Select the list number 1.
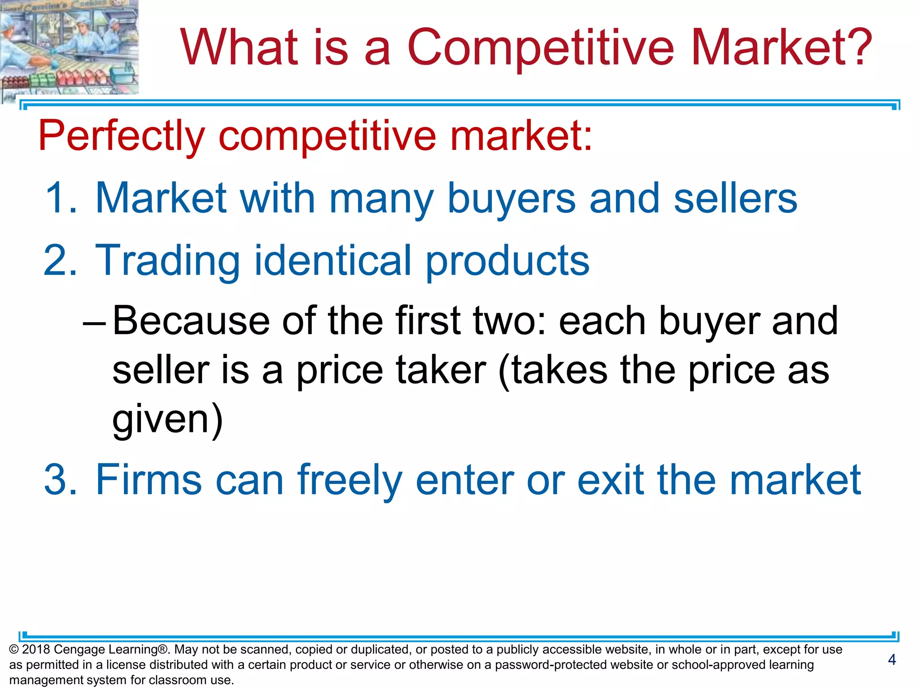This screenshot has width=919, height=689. pyautogui.click(x=61, y=198)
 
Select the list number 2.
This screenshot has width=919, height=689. pyautogui.click(x=61, y=261)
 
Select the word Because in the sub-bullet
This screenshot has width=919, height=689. pyautogui.click(x=191, y=321)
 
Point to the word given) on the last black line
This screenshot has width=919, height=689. pyautogui.click(x=167, y=420)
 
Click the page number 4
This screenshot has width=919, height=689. pyautogui.click(x=892, y=659)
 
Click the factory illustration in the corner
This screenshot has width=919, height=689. pyautogui.click(x=69, y=47)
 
